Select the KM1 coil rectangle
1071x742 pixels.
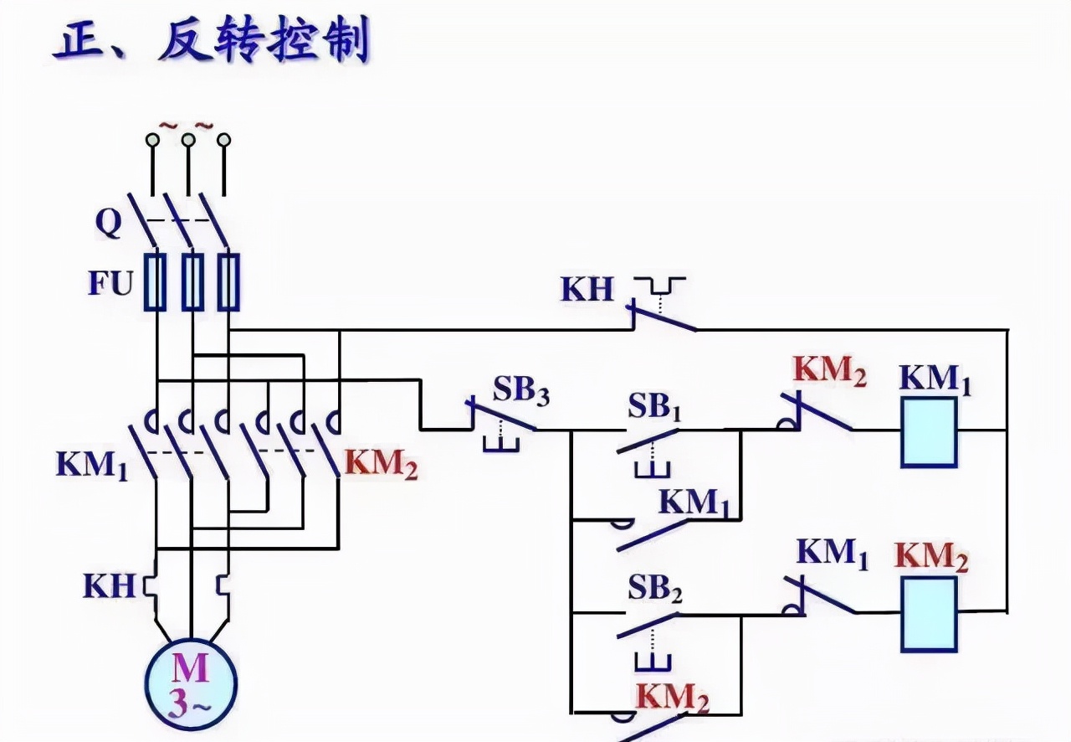(x=929, y=432)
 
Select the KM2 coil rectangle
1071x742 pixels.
(x=929, y=614)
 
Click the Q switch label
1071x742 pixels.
(x=109, y=222)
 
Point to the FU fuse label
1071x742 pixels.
(x=111, y=284)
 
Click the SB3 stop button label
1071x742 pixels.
(x=520, y=391)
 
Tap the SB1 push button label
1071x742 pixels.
(x=656, y=408)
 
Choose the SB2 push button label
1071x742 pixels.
(x=656, y=591)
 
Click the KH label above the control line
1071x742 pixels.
(x=587, y=290)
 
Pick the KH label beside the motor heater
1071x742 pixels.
(x=109, y=585)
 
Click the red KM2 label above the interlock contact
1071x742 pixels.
(x=829, y=371)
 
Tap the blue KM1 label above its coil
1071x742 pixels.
(x=935, y=379)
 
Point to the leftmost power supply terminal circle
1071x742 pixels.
(x=152, y=140)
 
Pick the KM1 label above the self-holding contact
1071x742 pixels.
(x=694, y=502)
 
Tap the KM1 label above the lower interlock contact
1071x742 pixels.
(x=833, y=554)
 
